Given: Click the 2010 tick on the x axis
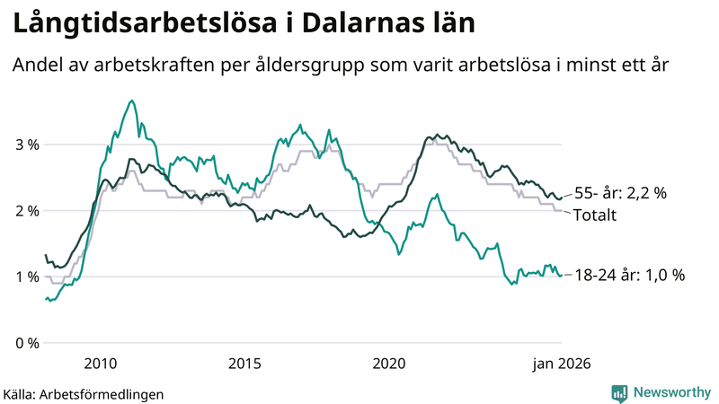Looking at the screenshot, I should [x=101, y=363].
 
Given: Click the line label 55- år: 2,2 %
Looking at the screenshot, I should [x=619, y=193].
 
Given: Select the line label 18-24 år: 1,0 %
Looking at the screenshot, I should [x=629, y=276].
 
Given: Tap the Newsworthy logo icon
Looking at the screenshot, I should [x=619, y=392].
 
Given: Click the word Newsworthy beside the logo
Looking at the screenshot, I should [x=670, y=392].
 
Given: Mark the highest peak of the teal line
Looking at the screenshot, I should [x=132, y=101].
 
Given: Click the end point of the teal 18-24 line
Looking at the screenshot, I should [x=562, y=276].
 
